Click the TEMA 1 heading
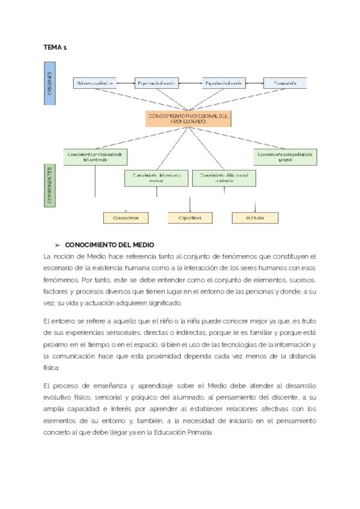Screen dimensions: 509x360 point(55,47)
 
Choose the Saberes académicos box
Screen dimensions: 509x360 point(94,83)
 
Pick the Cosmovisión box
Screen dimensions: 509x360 point(285,83)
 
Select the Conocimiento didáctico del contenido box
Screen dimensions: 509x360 point(224,177)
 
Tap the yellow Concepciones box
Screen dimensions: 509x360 point(125,218)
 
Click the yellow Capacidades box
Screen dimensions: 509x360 point(189,218)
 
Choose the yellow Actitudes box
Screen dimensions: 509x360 point(255,218)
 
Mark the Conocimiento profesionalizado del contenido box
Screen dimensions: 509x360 point(95,157)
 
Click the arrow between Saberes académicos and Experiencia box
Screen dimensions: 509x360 point(125,83)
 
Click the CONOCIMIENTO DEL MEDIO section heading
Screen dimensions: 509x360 point(109,245)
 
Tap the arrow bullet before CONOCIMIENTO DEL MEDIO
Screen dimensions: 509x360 point(58,245)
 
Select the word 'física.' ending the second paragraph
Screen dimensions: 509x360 point(53,367)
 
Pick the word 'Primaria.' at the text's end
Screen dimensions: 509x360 point(199,432)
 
